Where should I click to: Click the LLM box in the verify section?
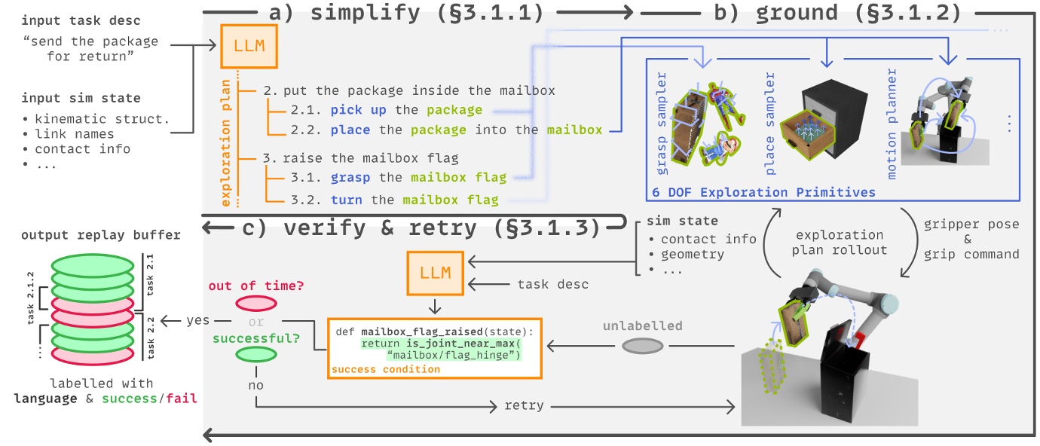434,272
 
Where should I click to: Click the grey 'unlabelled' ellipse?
643,346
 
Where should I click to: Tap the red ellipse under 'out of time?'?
256,303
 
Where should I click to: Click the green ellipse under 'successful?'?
256,353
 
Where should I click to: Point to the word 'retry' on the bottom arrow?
524,405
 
